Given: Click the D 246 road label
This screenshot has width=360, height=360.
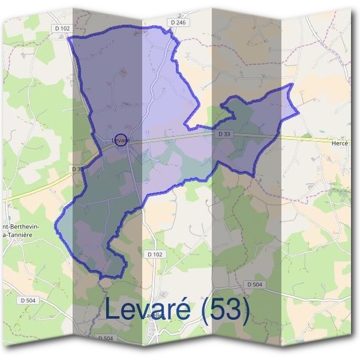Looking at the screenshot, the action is click(x=179, y=22).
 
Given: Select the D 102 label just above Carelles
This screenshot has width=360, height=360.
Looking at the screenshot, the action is click(x=154, y=254).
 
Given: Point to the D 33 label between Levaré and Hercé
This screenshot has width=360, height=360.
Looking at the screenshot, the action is click(x=224, y=134).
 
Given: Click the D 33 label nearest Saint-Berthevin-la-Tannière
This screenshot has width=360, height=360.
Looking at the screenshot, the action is click(x=78, y=169).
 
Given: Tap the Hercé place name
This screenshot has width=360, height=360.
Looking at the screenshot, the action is click(x=340, y=144).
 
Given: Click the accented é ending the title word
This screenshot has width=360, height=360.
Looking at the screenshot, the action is click(x=182, y=309).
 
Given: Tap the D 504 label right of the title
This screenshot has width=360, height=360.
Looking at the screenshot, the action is click(x=254, y=284).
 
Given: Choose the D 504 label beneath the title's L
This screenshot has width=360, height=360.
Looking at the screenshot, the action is click(x=104, y=338).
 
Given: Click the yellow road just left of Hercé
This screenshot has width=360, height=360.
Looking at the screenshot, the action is click(x=312, y=139).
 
